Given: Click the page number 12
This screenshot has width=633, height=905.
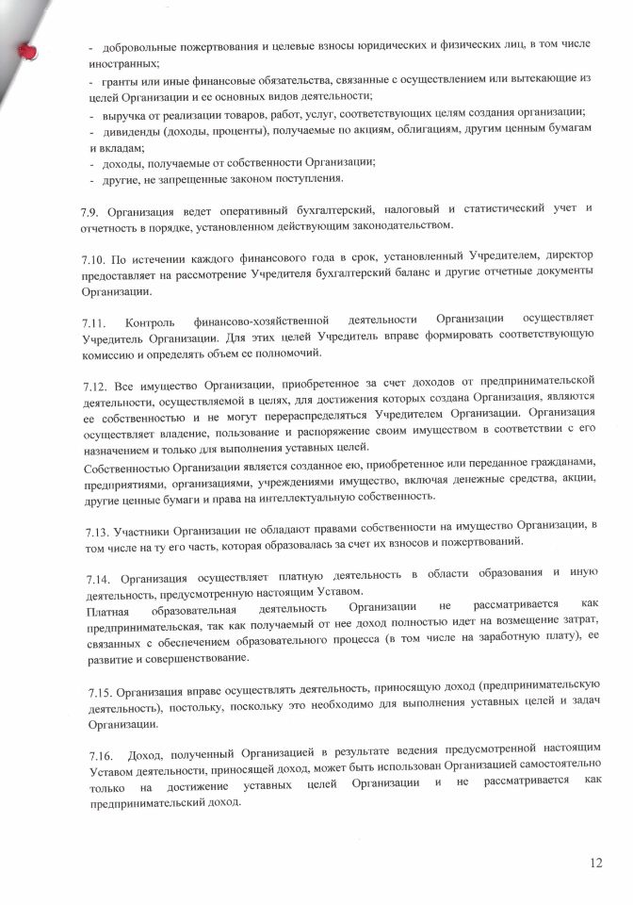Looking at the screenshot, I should (595, 862).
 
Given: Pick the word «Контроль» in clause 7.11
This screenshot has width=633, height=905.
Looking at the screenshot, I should (150, 322).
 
